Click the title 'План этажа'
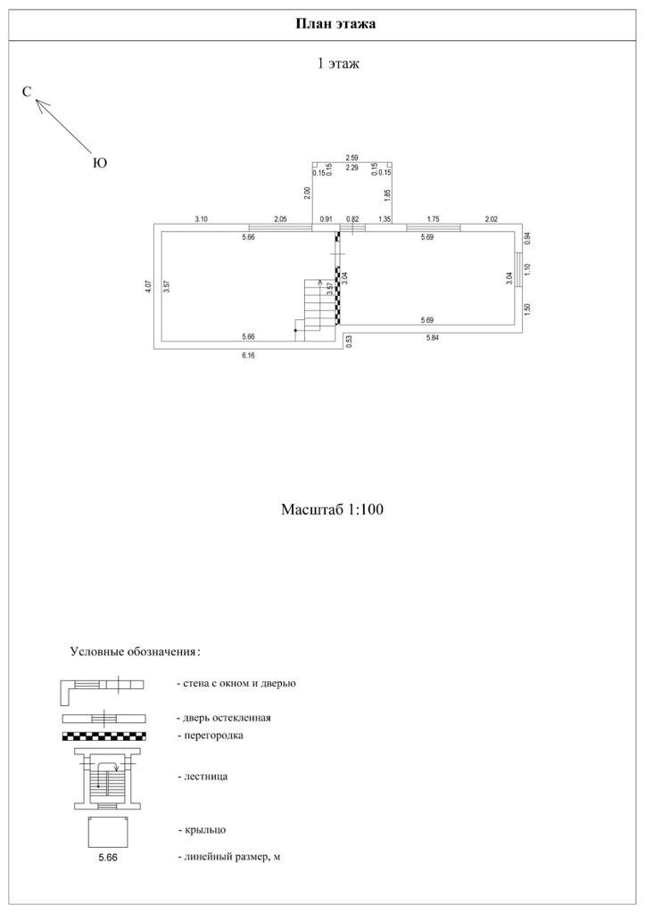pyautogui.click(x=335, y=24)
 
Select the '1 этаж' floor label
pyautogui.click(x=338, y=63)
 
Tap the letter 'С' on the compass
pyautogui.click(x=27, y=92)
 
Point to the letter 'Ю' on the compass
pyautogui.click(x=100, y=163)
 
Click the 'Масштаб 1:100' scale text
pyautogui.click(x=333, y=510)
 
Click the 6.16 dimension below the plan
pyautogui.click(x=249, y=355)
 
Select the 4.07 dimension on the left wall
pyautogui.click(x=148, y=287)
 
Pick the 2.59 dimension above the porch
pyautogui.click(x=352, y=158)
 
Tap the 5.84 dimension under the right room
pyautogui.click(x=434, y=338)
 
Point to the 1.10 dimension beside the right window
pyautogui.click(x=527, y=270)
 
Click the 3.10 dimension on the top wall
pyautogui.click(x=202, y=218)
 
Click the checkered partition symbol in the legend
pyautogui.click(x=104, y=736)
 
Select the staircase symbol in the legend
pyautogui.click(x=107, y=777)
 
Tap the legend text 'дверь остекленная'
pyautogui.click(x=224, y=717)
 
